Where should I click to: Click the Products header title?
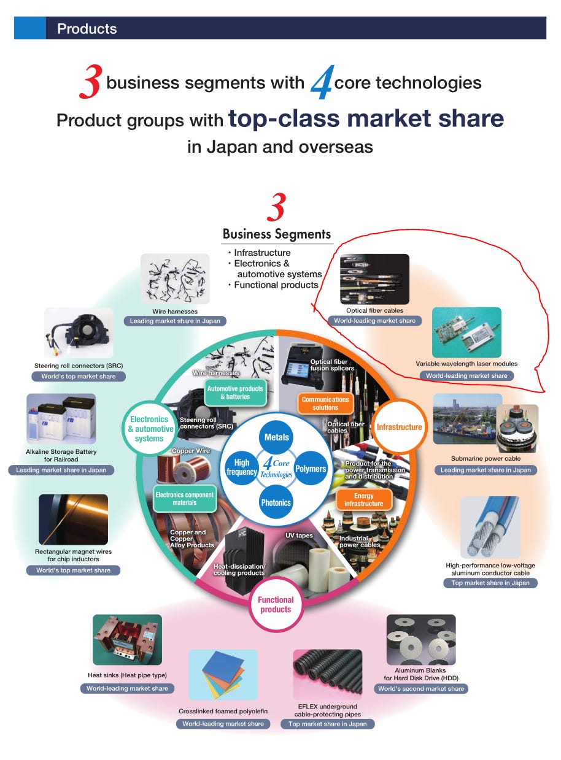tap(87, 29)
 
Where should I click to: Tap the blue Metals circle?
tap(276, 437)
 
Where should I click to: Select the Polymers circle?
tap(311, 469)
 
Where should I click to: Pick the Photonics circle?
tap(276, 502)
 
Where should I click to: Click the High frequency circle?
tap(242, 469)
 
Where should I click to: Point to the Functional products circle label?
tap(276, 604)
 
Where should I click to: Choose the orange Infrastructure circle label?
tap(399, 427)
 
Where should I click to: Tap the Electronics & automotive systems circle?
tap(149, 429)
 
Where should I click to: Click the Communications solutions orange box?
tap(325, 403)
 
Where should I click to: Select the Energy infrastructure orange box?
tap(363, 499)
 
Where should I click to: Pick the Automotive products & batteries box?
tap(235, 393)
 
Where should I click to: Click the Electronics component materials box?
tap(184, 498)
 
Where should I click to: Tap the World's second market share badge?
tap(421, 689)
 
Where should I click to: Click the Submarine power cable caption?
tap(486, 458)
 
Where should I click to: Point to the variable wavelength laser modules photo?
tap(466, 332)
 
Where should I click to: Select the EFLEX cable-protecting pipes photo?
tap(328, 675)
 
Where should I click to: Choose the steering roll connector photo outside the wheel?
tap(79, 334)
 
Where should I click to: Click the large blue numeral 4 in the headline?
tap(322, 83)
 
